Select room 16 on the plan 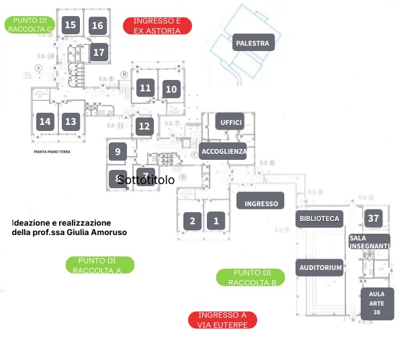point(97,26)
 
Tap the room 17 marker point(99,51)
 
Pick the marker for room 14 point(45,122)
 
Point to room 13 point(71,122)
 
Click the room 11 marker point(145,88)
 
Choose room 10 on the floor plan point(171,89)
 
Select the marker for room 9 point(118,152)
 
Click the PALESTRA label point(253,44)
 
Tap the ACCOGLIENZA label point(224,151)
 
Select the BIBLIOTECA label point(320,218)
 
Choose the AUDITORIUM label point(320,267)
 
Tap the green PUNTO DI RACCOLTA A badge point(100,265)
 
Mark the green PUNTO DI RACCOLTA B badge point(251,277)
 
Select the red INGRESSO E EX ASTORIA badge point(158,26)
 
